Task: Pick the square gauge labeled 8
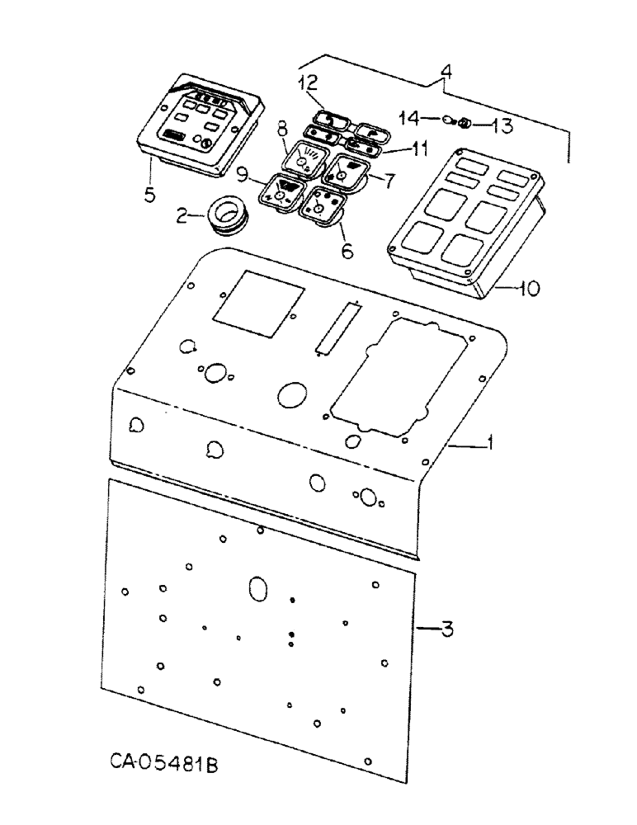point(303,156)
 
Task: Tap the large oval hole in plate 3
point(257,590)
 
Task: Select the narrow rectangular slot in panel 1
point(333,328)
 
